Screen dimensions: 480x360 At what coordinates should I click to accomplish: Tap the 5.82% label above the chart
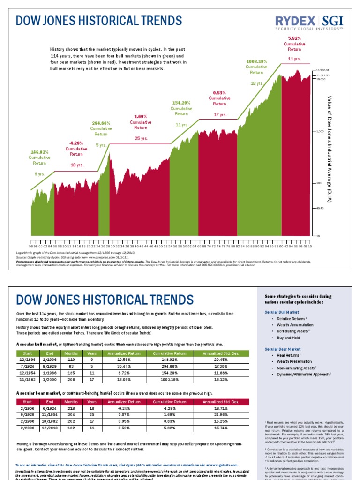click(294, 38)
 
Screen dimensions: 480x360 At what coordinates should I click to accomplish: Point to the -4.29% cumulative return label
click(76, 142)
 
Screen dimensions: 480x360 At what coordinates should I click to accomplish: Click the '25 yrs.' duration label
click(141, 138)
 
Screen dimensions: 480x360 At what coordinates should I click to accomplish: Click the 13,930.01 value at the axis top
click(323, 70)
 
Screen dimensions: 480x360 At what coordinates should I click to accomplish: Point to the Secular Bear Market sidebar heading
click(283, 349)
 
